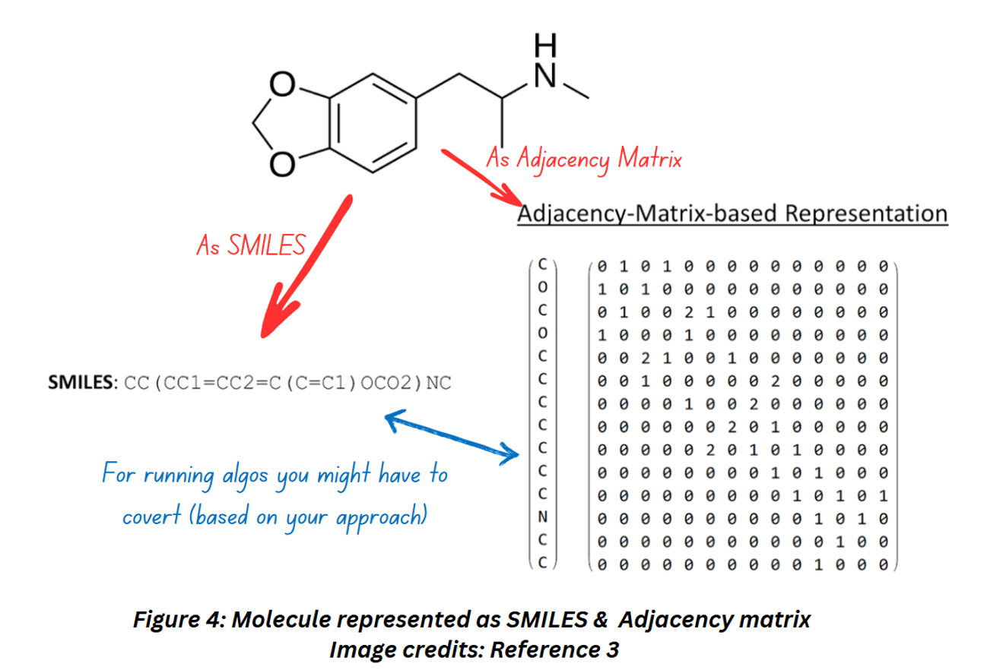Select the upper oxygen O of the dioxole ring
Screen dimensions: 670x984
(283, 88)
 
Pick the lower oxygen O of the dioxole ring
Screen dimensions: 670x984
(283, 162)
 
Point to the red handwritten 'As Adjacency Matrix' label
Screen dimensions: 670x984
(583, 159)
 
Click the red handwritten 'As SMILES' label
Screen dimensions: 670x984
(250, 244)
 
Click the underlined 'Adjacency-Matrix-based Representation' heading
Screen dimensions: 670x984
(732, 213)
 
